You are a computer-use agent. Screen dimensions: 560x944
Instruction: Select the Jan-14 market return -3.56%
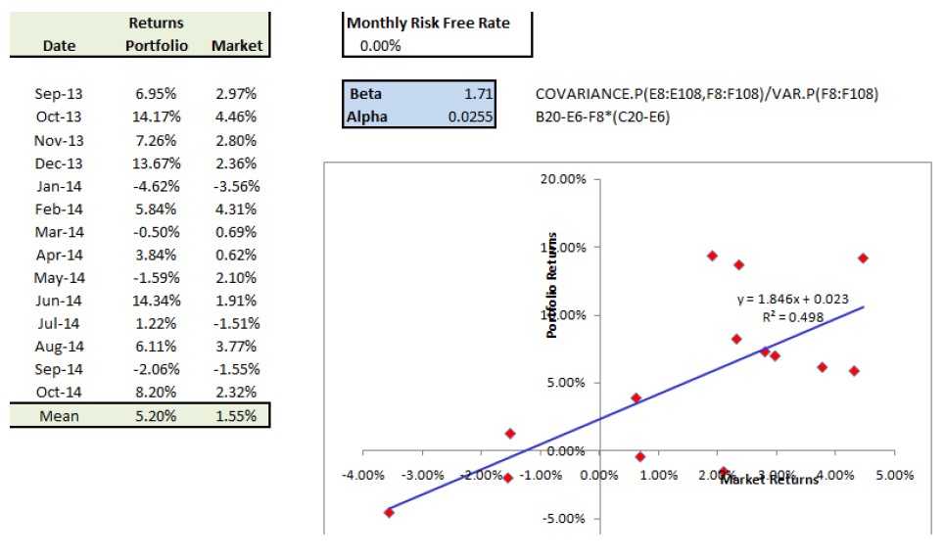pyautogui.click(x=236, y=186)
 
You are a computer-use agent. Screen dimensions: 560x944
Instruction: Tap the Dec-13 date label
pyautogui.click(x=59, y=163)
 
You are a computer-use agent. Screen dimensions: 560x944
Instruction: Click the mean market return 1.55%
pyautogui.click(x=236, y=416)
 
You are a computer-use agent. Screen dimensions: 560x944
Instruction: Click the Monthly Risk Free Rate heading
pyautogui.click(x=428, y=23)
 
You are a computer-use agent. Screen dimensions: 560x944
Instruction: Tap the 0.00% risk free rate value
pyautogui.click(x=381, y=46)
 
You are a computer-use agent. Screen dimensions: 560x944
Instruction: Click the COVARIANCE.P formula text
pyautogui.click(x=707, y=95)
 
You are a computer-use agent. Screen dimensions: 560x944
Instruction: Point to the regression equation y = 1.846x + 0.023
pyautogui.click(x=792, y=299)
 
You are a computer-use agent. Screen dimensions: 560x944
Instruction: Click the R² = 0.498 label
pyautogui.click(x=791, y=317)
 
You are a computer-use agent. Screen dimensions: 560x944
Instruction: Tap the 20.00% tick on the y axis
pyautogui.click(x=562, y=180)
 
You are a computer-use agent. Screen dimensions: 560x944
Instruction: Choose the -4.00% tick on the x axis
pyautogui.click(x=362, y=476)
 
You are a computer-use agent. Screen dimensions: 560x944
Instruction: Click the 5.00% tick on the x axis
pyautogui.click(x=893, y=476)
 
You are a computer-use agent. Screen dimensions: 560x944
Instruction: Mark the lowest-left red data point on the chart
pyautogui.click(x=389, y=512)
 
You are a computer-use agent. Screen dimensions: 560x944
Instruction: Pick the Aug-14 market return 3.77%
pyautogui.click(x=236, y=347)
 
